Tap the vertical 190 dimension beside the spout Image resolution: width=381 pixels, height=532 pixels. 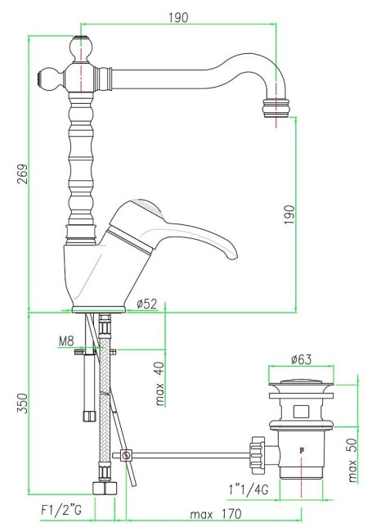click(x=288, y=214)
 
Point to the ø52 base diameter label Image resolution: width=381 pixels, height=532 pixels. click(x=146, y=304)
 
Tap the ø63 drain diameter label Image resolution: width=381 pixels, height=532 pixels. click(x=301, y=359)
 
